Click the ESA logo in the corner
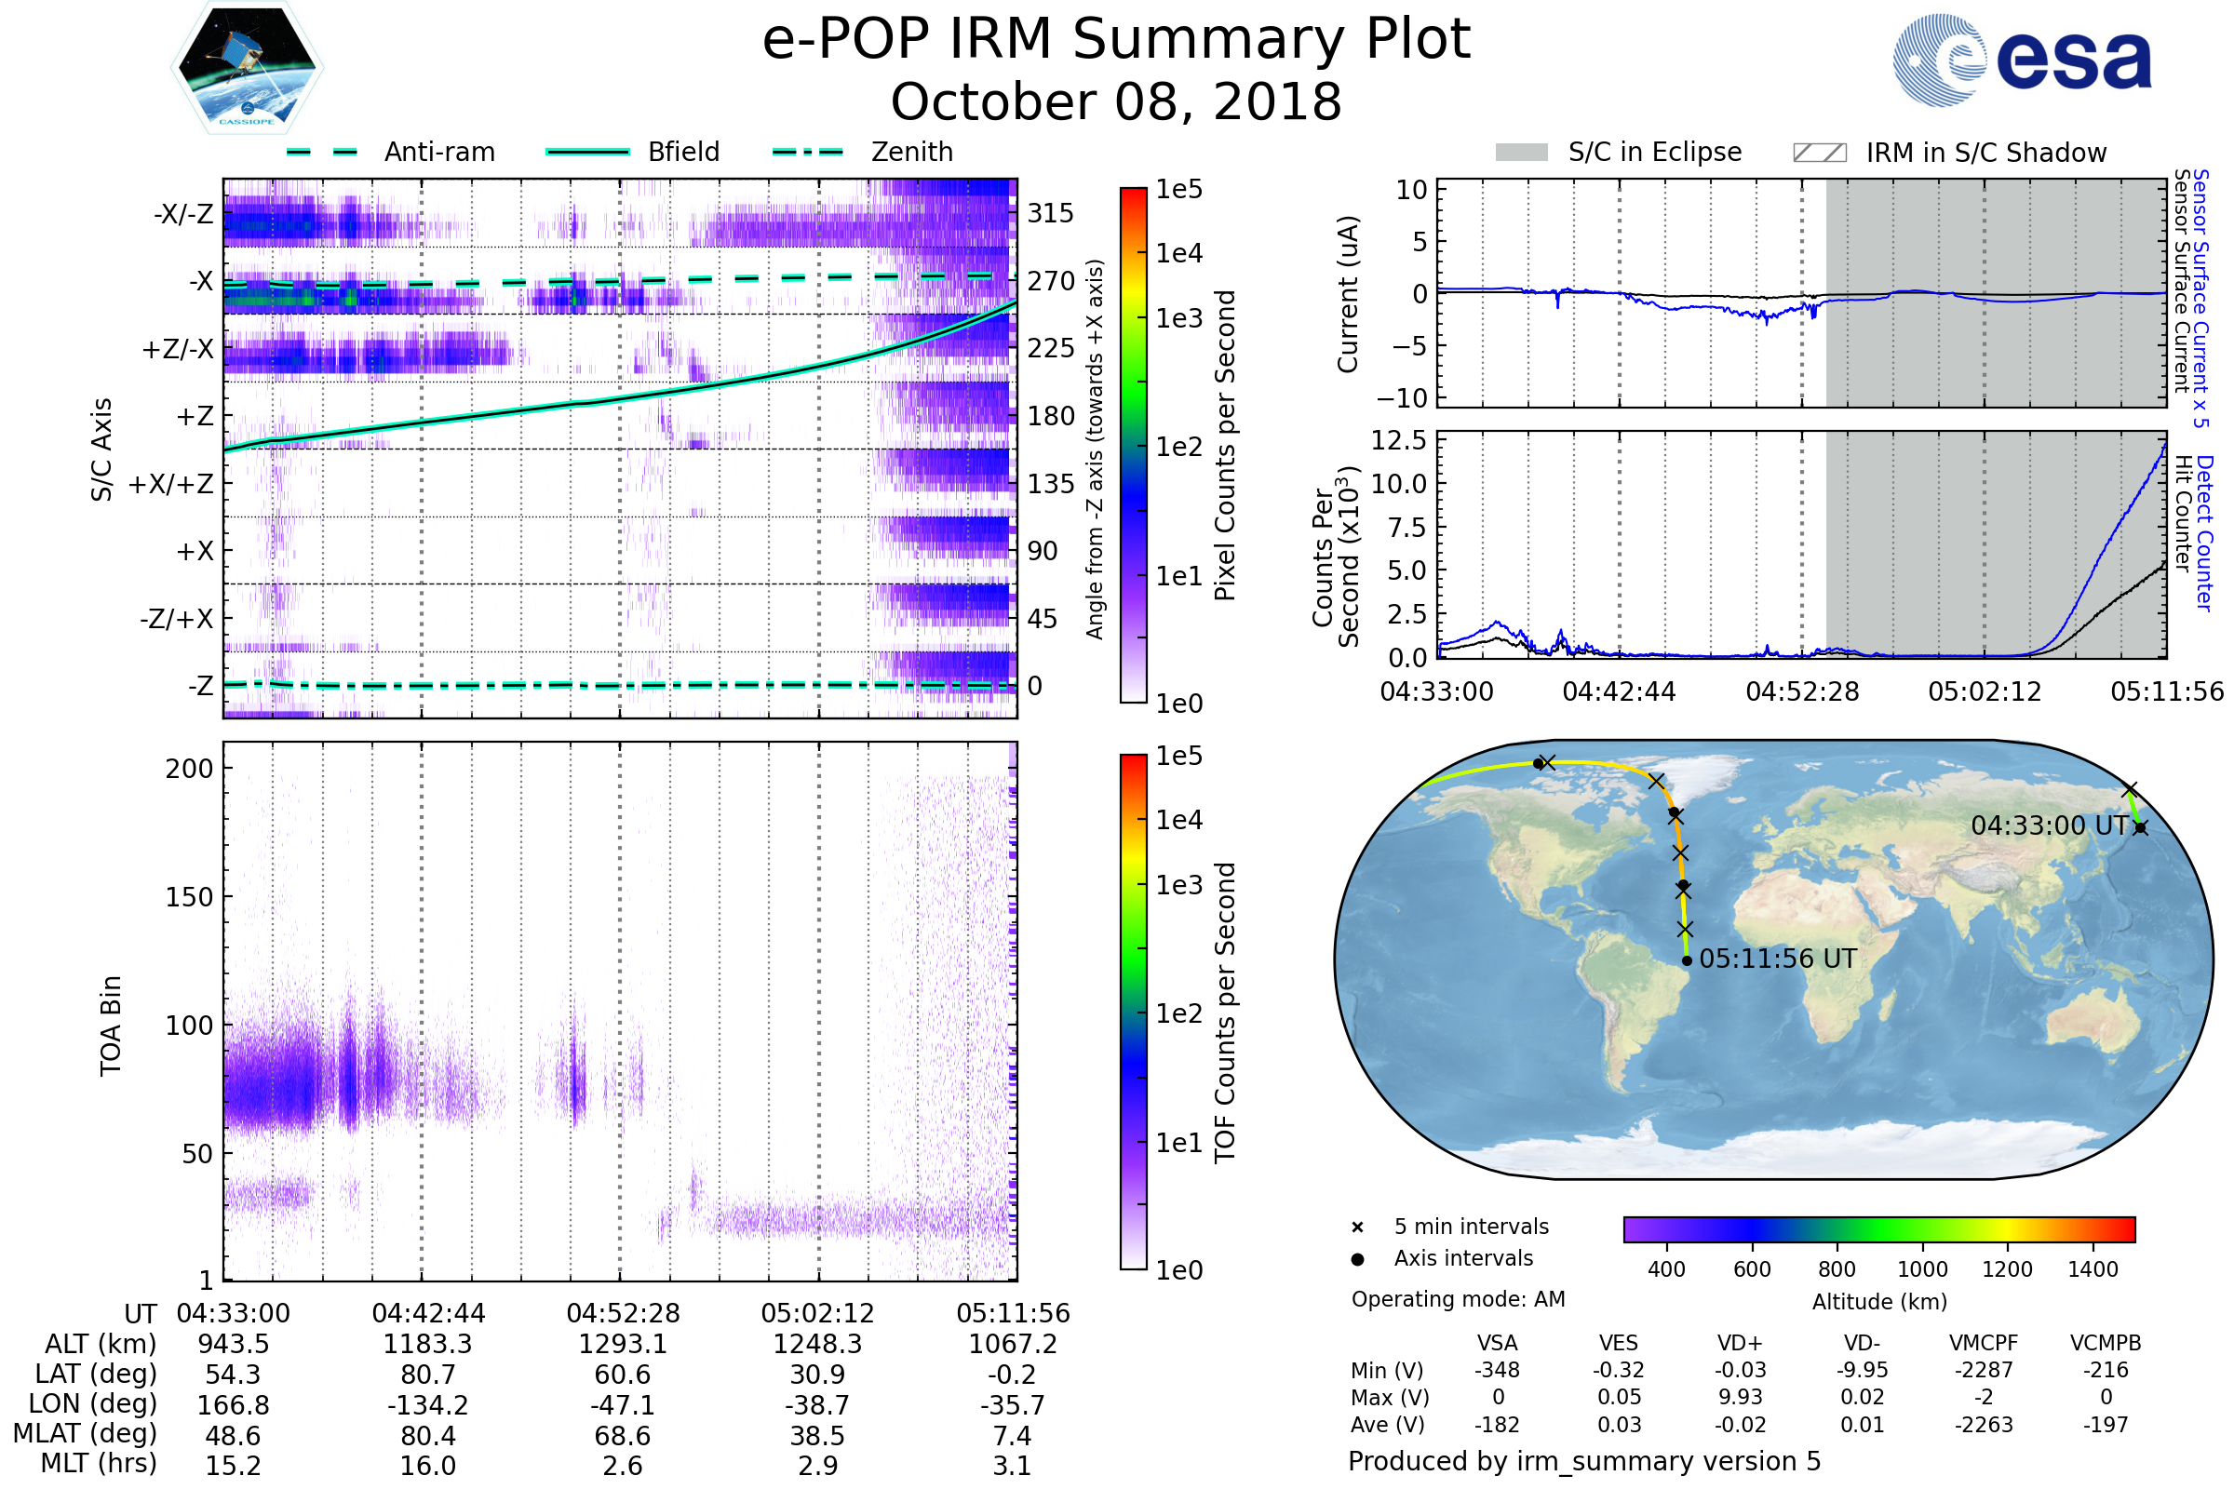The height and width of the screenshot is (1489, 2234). [x=2021, y=60]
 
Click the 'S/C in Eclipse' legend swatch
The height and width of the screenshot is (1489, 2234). [x=1521, y=153]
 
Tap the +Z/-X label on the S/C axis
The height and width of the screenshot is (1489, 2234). [x=178, y=350]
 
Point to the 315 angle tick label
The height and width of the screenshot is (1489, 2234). [x=1050, y=214]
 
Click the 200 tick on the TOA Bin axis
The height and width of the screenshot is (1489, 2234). [x=189, y=769]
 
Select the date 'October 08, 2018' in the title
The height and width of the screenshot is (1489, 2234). [x=1116, y=101]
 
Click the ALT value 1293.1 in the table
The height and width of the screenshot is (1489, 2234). [x=622, y=1344]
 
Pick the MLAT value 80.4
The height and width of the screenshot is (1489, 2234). [x=427, y=1436]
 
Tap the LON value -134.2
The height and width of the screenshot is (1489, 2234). [x=427, y=1404]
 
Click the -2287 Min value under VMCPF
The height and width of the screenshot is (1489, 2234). [x=1984, y=1370]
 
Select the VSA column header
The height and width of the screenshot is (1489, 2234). [x=1497, y=1343]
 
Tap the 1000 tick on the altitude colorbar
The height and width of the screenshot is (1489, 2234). [x=1921, y=1269]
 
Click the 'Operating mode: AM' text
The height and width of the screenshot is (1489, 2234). [x=1458, y=1299]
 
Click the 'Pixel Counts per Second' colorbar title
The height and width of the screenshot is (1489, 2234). [x=1225, y=446]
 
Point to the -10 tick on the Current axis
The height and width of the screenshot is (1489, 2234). [x=1402, y=398]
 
